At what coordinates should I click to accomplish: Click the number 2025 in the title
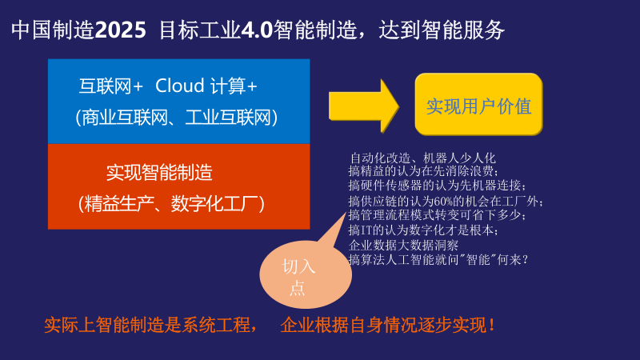click(x=121, y=30)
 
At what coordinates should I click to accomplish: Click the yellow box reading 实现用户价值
click(x=478, y=105)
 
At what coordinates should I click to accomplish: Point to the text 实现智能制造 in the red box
click(x=159, y=172)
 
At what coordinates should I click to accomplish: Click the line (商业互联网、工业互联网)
click(x=177, y=117)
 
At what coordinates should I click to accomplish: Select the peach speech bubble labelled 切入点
click(x=305, y=277)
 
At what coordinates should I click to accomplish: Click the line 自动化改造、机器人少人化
click(x=423, y=158)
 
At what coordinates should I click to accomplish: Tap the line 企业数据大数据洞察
click(x=404, y=245)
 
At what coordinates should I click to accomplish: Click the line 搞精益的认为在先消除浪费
click(x=424, y=171)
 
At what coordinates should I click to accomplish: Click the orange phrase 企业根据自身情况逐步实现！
click(x=389, y=326)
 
